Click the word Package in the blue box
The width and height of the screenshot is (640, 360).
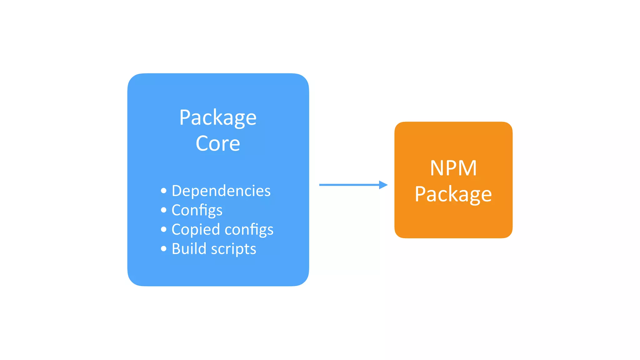[218, 118]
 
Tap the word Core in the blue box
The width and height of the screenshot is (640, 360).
[218, 144]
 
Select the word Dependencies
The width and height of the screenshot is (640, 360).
[221, 191]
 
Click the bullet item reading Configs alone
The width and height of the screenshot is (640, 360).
[197, 210]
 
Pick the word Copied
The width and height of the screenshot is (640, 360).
[196, 229]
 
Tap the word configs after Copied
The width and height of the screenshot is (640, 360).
[249, 229]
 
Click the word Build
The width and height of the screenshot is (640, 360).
[189, 249]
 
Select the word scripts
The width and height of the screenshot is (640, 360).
[233, 249]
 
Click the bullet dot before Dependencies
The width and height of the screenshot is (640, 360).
[164, 191]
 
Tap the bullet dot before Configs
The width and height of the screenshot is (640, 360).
[164, 210]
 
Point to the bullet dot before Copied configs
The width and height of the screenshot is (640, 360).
[164, 229]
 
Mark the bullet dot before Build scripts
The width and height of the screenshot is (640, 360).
[164, 249]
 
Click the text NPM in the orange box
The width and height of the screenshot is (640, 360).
[453, 168]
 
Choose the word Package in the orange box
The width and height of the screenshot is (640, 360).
[453, 194]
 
